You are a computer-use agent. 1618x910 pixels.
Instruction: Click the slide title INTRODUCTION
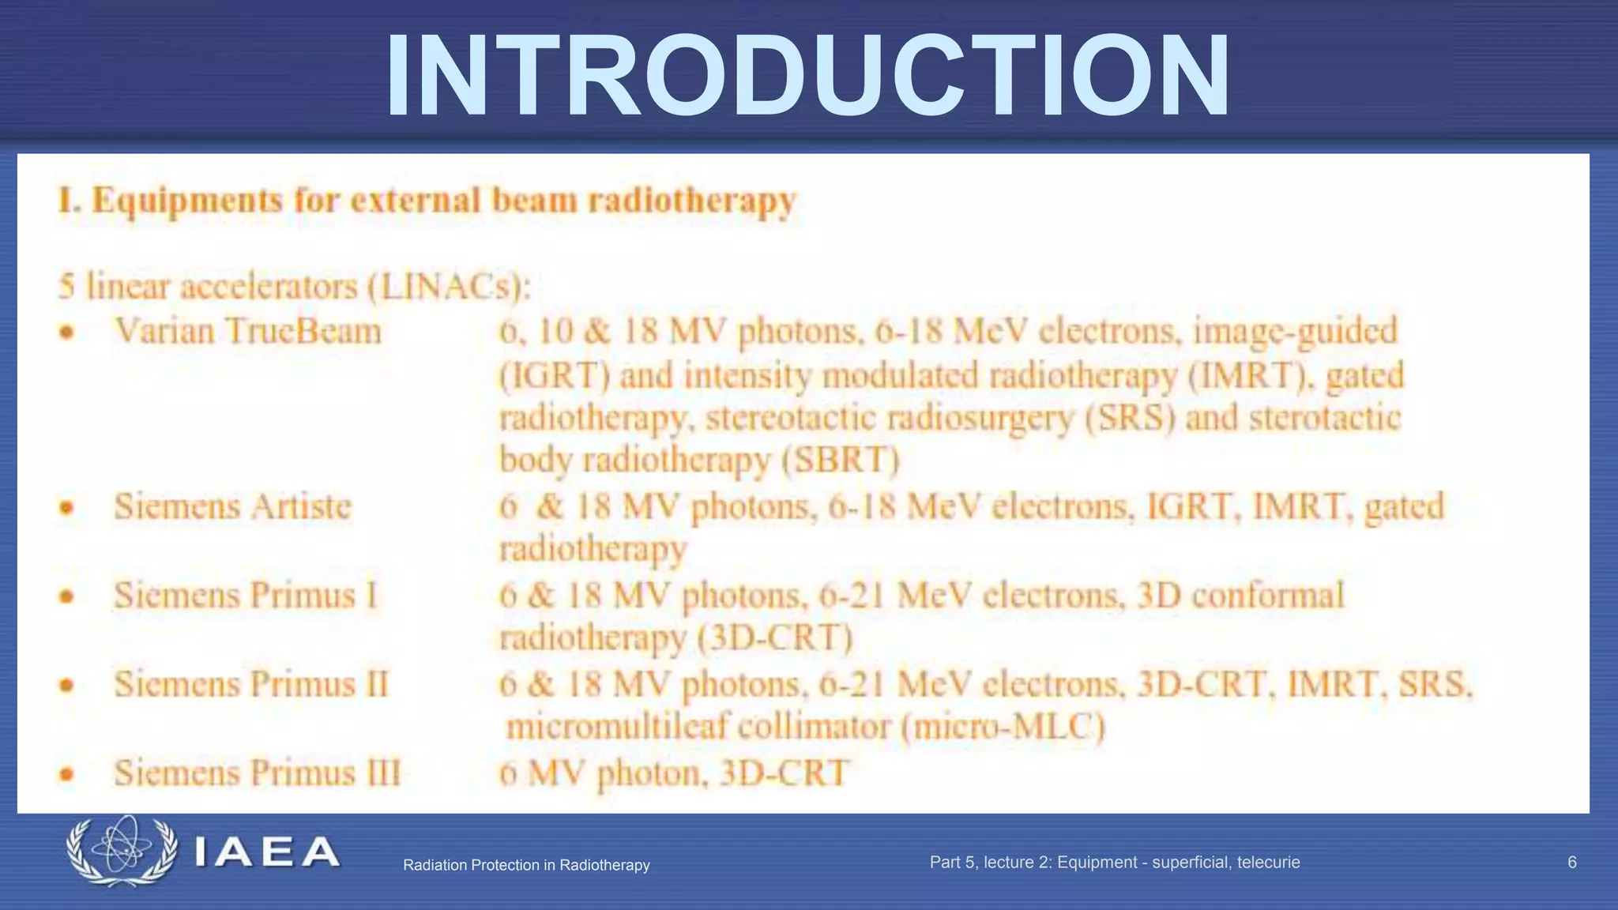coord(807,77)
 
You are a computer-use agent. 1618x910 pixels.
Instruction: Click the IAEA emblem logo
coord(122,851)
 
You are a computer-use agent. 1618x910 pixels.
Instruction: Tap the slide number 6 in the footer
coord(1571,863)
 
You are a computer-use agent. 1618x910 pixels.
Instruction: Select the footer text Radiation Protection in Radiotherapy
coord(526,865)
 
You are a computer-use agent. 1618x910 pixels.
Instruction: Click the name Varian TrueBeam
coord(248,331)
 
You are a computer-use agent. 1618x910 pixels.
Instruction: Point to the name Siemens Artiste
coord(232,506)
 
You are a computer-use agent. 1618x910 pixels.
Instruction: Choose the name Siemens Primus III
coord(257,773)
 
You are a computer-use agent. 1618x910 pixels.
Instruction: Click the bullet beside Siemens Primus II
coord(67,685)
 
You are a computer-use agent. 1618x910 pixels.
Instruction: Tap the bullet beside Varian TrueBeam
coord(67,332)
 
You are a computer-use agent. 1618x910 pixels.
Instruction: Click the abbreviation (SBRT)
coord(841,460)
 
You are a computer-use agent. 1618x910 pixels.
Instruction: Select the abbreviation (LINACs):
coord(450,287)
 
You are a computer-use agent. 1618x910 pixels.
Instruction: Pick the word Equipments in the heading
coord(187,201)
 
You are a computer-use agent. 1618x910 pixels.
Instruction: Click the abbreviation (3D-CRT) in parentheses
coord(775,637)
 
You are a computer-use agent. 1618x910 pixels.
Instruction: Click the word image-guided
coord(1296,331)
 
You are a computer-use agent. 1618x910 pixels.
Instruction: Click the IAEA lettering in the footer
coord(266,852)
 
